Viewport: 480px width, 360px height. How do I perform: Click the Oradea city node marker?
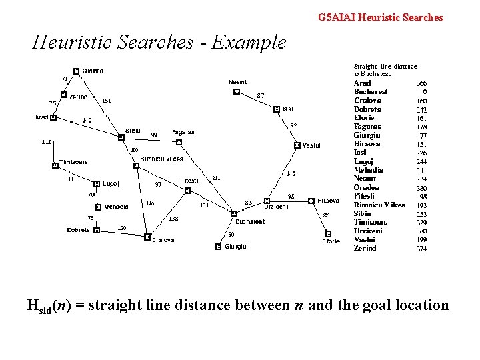pyautogui.click(x=76, y=71)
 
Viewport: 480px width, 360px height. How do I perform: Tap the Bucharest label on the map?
pyautogui.click(x=250, y=221)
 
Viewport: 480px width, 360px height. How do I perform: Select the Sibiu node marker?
pyautogui.click(x=121, y=137)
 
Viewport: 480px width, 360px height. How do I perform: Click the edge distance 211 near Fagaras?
pyautogui.click(x=216, y=178)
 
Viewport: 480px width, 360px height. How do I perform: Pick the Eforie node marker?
pyautogui.click(x=327, y=233)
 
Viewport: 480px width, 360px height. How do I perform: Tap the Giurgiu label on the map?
pyautogui.click(x=235, y=247)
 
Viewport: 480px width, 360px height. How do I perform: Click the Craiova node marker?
pyautogui.click(x=147, y=237)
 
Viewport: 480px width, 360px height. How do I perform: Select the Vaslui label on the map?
pyautogui.click(x=311, y=145)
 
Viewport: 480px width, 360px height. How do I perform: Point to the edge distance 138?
pyautogui.click(x=173, y=218)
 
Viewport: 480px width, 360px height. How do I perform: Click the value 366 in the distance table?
pyautogui.click(x=421, y=83)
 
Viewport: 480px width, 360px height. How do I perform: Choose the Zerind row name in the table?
pyautogui.click(x=365, y=248)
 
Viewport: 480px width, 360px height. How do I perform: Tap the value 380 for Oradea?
pyautogui.click(x=421, y=187)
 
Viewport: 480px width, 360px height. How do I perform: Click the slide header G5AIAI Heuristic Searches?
pyautogui.click(x=380, y=17)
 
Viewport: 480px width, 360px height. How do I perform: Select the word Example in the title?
pyautogui.click(x=253, y=43)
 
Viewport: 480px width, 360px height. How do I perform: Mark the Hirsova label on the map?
pyautogui.click(x=329, y=201)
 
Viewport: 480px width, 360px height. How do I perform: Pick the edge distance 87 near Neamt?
pyautogui.click(x=261, y=95)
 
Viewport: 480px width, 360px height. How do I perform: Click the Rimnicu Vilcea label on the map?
pyautogui.click(x=161, y=159)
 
